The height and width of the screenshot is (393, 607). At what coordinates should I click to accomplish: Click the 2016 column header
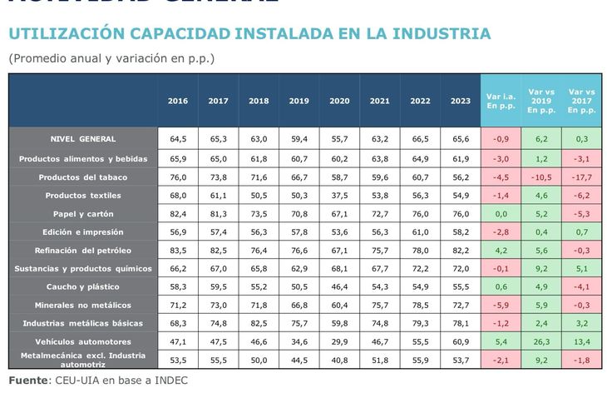[178, 101]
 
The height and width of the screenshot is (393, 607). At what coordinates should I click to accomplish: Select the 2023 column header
[461, 101]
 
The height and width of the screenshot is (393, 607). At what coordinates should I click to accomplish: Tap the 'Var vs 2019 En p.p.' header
[541, 100]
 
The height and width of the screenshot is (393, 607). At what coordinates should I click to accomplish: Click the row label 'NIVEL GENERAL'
[82, 139]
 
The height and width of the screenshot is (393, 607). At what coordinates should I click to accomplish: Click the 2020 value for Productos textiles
[339, 196]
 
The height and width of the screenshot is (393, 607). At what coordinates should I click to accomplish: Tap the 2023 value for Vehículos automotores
[461, 341]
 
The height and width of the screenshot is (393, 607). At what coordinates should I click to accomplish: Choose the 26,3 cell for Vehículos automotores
[541, 341]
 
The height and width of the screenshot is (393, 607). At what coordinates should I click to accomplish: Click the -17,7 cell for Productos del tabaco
[581, 177]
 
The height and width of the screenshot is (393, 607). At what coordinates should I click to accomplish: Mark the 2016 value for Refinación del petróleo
[178, 251]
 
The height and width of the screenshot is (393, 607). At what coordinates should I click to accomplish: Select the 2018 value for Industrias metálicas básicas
[259, 323]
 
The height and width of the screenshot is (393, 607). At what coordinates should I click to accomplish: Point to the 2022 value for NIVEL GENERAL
[420, 139]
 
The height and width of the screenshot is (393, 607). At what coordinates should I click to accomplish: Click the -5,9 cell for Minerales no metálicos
[501, 305]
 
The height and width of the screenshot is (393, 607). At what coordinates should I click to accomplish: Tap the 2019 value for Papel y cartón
[299, 214]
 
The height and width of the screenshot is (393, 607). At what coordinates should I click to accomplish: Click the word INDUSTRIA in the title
[437, 33]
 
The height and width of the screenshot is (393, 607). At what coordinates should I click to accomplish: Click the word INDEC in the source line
[169, 381]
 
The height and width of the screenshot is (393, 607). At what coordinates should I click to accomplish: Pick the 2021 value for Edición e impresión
[380, 232]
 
